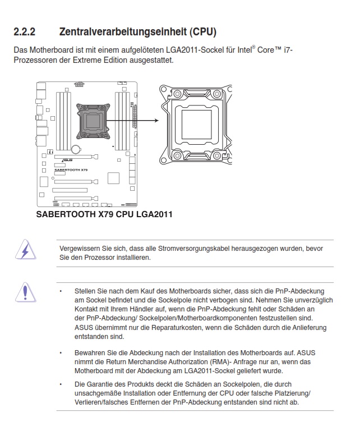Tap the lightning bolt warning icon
point(25,249)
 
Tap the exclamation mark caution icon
point(25,291)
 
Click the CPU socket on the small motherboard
point(92,120)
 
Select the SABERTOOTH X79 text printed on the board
point(71,169)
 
